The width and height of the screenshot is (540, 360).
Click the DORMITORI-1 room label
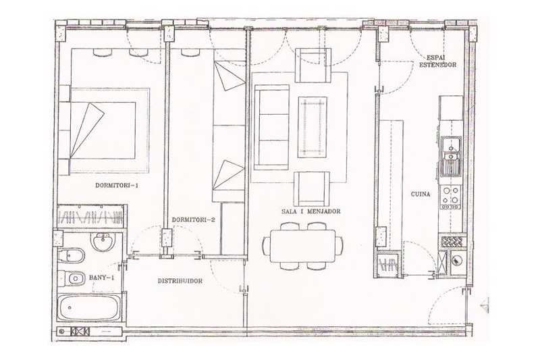(x=117, y=185)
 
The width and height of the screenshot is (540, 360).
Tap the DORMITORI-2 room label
(x=193, y=220)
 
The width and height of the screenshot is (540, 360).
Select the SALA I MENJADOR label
(x=311, y=211)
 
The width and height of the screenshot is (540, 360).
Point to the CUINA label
(x=421, y=195)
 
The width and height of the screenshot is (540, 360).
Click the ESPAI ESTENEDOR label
(x=437, y=61)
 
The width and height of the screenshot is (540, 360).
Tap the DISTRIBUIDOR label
(x=180, y=281)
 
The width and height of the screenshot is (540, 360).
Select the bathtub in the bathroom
(x=89, y=307)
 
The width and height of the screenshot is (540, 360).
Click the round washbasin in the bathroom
(x=103, y=241)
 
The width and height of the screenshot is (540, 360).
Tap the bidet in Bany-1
(x=72, y=255)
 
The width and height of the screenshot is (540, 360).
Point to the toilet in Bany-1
(x=72, y=278)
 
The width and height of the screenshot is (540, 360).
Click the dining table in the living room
(x=302, y=246)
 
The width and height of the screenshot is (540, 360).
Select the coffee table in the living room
(x=313, y=128)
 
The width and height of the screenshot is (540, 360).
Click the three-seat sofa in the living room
(x=271, y=128)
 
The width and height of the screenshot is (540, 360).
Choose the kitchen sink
(x=451, y=156)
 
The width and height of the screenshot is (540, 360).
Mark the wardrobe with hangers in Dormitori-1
(x=90, y=216)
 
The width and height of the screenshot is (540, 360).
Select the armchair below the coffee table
(x=312, y=189)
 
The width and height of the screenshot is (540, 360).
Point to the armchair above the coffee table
(x=313, y=65)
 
